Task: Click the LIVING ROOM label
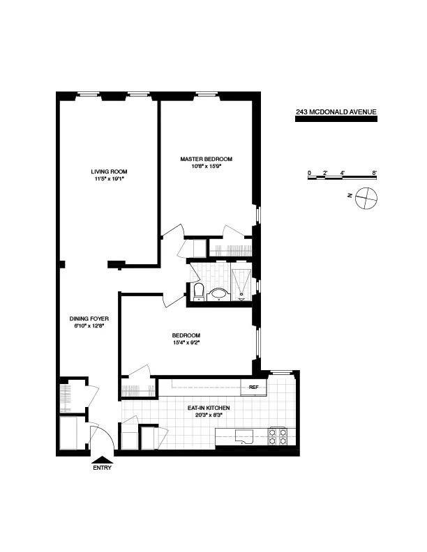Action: point(109,171)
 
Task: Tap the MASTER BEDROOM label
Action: point(206,159)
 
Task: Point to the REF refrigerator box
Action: point(254,386)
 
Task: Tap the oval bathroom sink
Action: point(220,294)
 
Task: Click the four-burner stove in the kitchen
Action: point(278,436)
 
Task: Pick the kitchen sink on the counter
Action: point(244,437)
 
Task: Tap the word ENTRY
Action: point(102,468)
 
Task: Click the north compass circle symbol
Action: point(365,198)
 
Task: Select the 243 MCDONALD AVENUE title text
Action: point(336,112)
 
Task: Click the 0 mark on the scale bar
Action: point(309,171)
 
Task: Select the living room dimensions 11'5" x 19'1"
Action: point(109,178)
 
